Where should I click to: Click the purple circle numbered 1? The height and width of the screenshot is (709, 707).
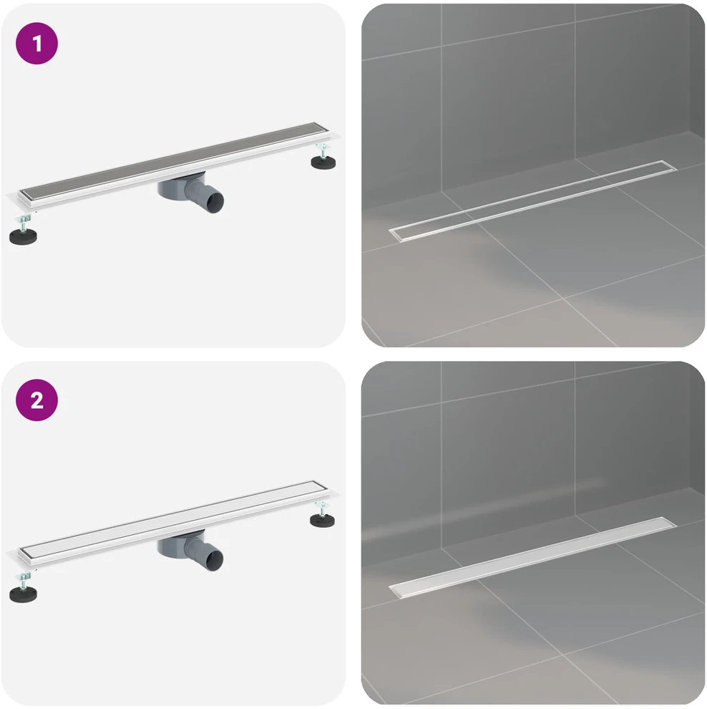tap(36, 44)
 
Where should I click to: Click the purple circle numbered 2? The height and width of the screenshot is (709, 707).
tap(36, 400)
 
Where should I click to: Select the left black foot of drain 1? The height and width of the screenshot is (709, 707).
tap(23, 236)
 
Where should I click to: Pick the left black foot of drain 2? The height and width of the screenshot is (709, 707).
tap(23, 594)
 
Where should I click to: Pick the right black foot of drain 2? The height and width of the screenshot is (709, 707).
tap(323, 520)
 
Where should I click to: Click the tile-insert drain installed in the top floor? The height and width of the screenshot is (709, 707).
tap(532, 201)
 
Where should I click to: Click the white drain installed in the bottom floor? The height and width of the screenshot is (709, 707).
tap(532, 558)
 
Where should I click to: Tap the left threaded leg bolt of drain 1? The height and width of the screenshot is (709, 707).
tap(24, 221)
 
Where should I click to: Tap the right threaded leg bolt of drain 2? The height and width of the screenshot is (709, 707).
tap(322, 508)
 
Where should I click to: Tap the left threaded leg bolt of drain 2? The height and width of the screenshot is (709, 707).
tap(24, 579)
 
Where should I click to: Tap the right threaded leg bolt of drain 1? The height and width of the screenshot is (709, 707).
tap(322, 150)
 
